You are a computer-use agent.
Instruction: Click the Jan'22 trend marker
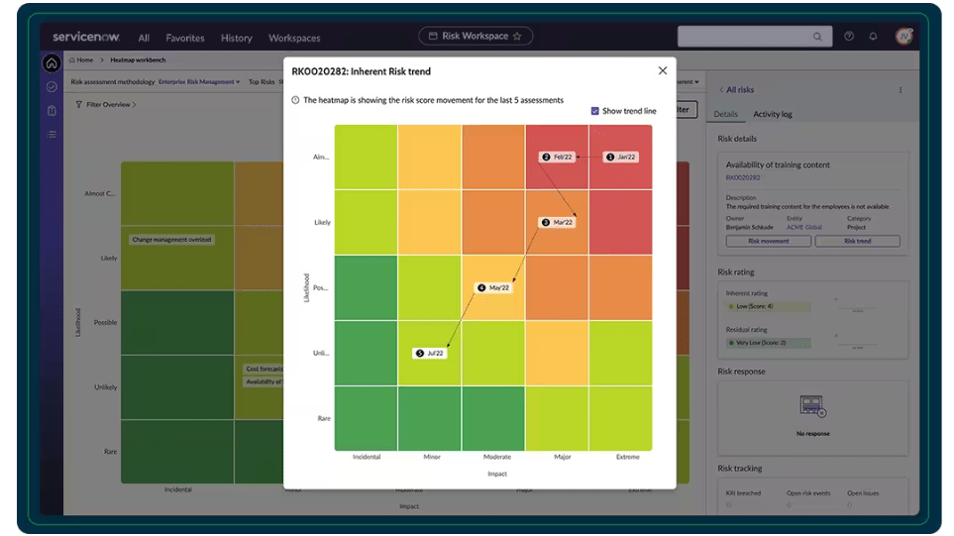(x=621, y=157)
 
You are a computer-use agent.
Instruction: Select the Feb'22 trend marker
(x=557, y=157)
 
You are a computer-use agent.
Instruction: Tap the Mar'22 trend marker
(x=557, y=222)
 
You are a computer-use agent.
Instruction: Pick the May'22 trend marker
(x=493, y=287)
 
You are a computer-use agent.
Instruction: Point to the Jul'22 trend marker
(x=430, y=353)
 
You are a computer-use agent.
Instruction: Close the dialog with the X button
(x=663, y=71)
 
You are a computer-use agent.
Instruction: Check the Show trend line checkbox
(x=595, y=111)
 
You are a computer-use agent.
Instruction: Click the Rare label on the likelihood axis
(x=323, y=418)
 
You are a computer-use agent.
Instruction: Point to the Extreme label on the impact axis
(x=627, y=457)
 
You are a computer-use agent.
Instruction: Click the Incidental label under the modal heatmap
(x=367, y=457)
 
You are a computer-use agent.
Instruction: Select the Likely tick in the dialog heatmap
(x=322, y=222)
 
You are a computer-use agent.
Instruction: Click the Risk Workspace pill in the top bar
(x=476, y=37)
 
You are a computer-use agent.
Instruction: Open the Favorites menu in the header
(x=185, y=38)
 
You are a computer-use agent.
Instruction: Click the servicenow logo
(x=87, y=37)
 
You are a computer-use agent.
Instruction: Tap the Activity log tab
(x=772, y=114)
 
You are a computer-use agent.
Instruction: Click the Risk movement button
(x=769, y=241)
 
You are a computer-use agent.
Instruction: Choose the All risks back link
(x=738, y=90)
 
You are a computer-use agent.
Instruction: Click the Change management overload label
(x=172, y=239)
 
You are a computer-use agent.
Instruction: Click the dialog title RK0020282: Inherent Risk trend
(x=361, y=71)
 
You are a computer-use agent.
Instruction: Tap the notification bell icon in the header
(x=873, y=37)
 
